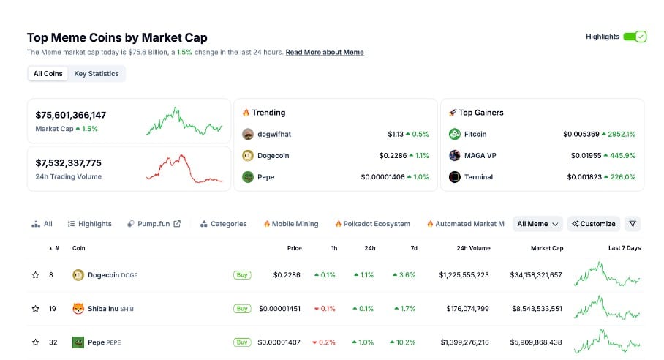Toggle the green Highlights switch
tap(635, 37)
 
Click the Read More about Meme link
tap(324, 52)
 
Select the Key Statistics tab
tap(97, 73)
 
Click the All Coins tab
tap(48, 73)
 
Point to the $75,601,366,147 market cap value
tap(71, 115)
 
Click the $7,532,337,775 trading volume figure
tap(69, 162)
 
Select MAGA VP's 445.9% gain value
tap(620, 155)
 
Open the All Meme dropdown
tap(537, 224)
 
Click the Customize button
tap(594, 224)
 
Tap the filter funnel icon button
tap(633, 224)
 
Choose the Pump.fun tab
tap(154, 224)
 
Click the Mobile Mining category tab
tap(291, 224)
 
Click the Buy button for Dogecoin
tap(241, 275)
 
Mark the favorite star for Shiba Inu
tap(35, 309)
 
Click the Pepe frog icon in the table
tap(78, 342)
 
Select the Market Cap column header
tap(547, 248)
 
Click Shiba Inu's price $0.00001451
tap(280, 309)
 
